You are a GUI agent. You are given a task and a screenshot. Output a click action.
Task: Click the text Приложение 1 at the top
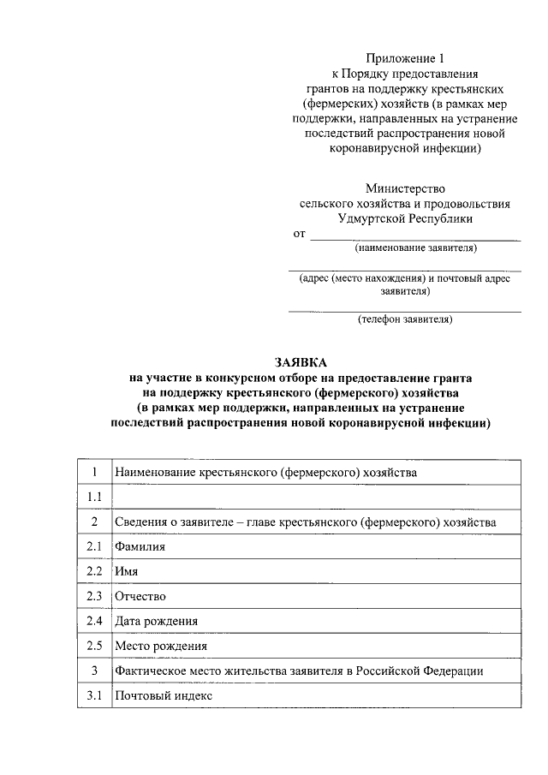405,59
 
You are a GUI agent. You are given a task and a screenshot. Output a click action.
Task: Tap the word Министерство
405,188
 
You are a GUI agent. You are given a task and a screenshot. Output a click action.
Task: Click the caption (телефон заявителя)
405,319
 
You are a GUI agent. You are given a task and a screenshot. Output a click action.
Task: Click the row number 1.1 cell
94,497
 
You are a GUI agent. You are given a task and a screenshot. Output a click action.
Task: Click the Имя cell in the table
127,570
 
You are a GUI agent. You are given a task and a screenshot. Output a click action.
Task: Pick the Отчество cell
140,595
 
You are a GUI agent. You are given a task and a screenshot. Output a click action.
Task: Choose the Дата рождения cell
157,620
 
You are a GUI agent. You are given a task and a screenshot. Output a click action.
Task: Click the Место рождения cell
161,646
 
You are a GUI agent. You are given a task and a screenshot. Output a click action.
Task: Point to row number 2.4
94,620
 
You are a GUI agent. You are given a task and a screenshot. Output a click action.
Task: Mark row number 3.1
94,696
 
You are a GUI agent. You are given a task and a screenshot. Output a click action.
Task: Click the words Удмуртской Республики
405,218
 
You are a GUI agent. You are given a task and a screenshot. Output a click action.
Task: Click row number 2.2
94,570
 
